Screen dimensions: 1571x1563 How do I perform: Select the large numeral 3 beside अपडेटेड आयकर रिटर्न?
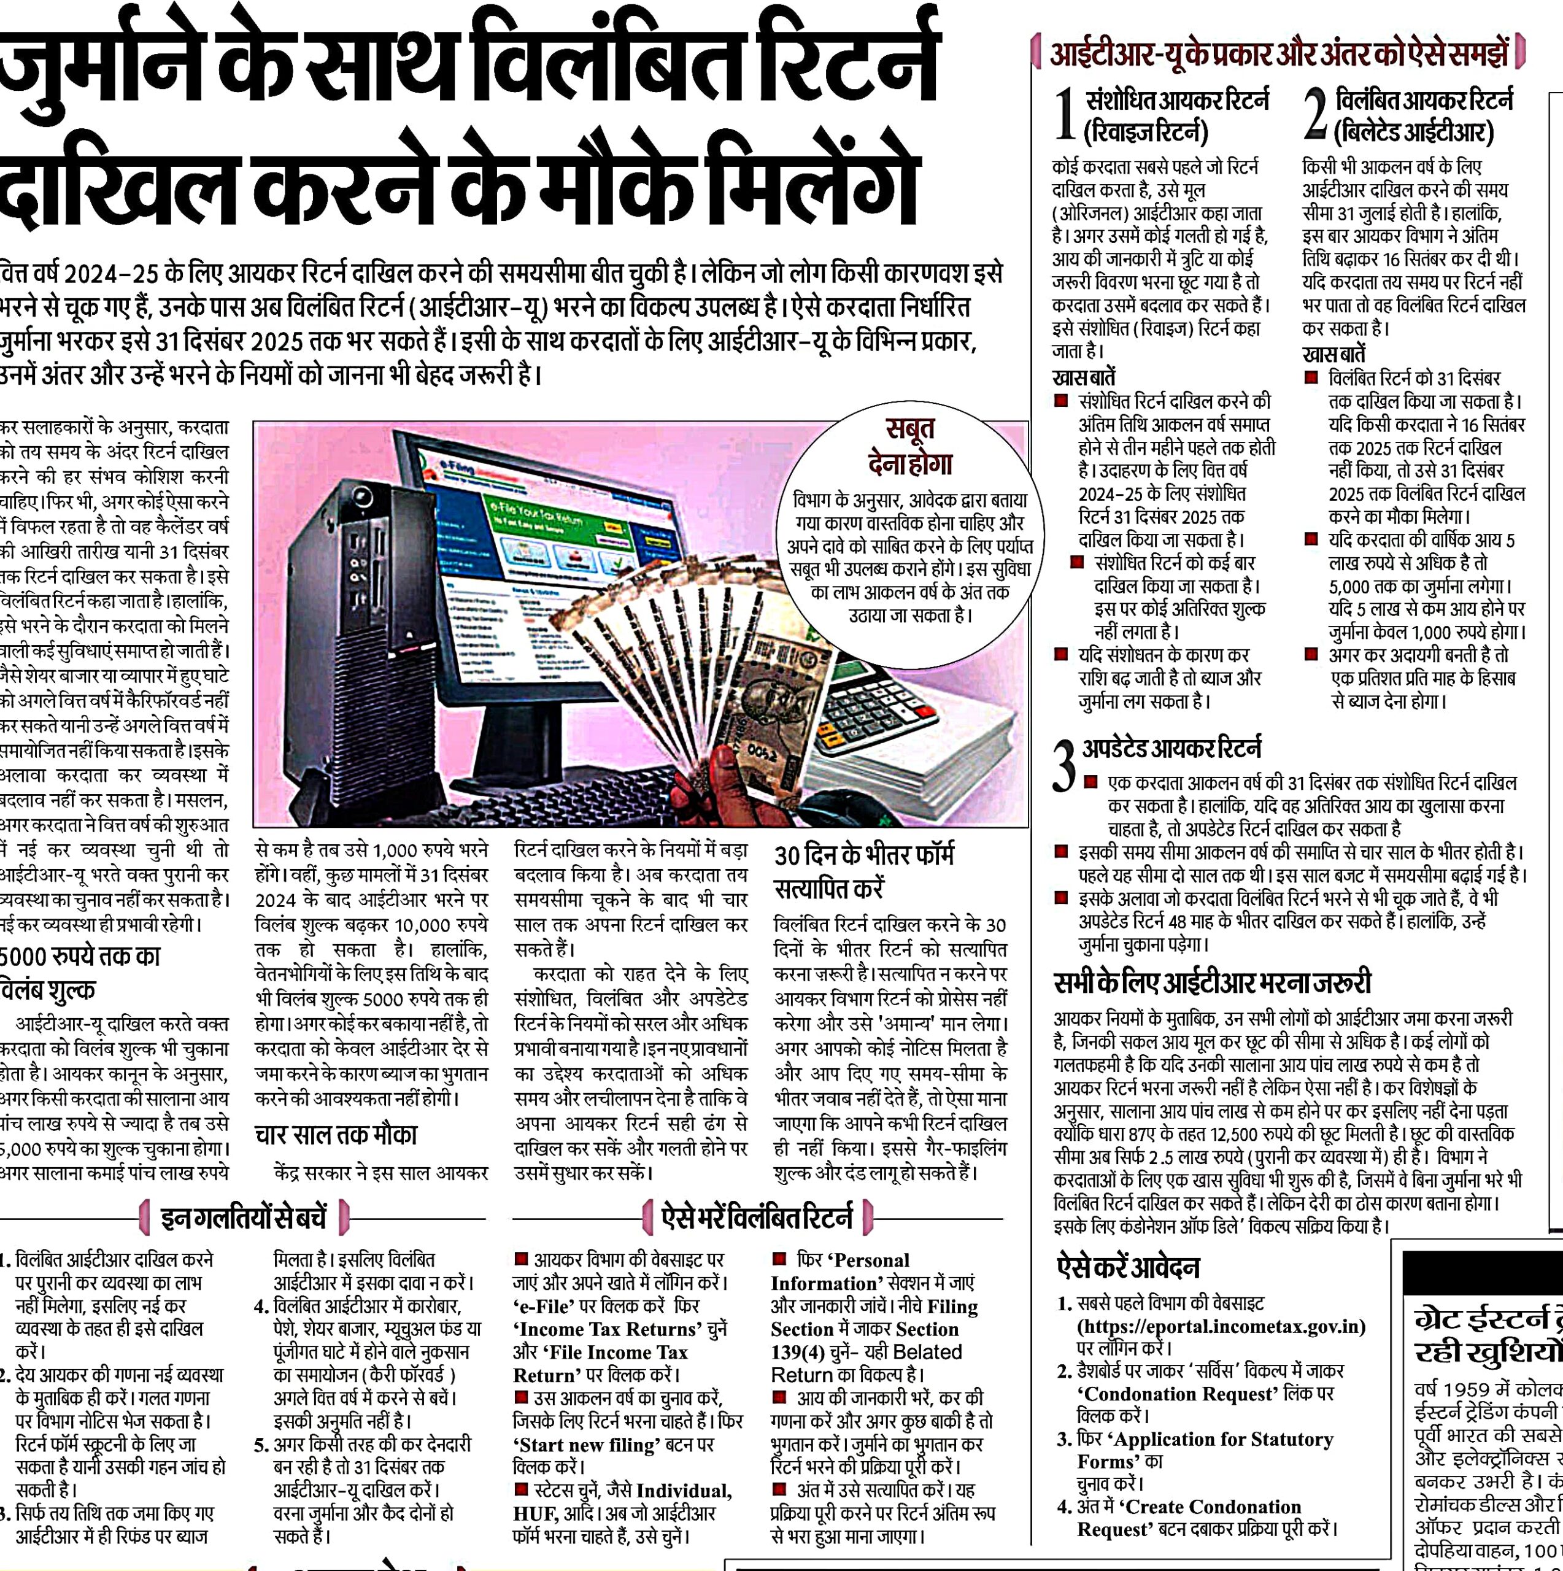[x=1063, y=765]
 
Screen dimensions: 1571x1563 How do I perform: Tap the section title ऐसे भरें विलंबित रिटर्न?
[x=757, y=1218]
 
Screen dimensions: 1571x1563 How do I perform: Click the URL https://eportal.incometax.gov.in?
[x=1221, y=1326]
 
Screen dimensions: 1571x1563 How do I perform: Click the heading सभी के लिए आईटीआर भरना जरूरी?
[x=1212, y=983]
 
